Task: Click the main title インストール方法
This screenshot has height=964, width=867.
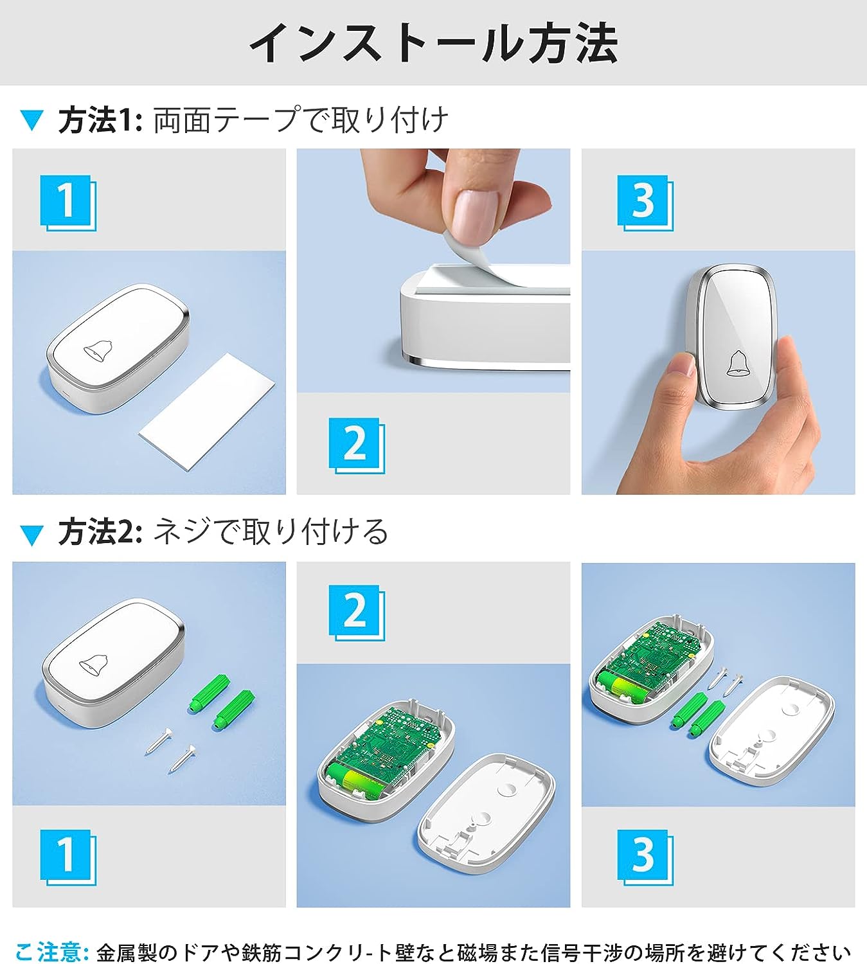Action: point(433,44)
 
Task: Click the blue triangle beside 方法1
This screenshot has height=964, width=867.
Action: point(32,120)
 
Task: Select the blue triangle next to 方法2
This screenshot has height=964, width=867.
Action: point(32,535)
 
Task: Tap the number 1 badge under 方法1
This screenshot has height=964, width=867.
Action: point(67,203)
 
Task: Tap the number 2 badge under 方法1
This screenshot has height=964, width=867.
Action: point(357,445)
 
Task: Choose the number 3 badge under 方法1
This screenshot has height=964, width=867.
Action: point(645,203)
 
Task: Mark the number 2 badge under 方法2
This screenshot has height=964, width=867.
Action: point(357,612)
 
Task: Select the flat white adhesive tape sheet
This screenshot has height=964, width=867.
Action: point(207,411)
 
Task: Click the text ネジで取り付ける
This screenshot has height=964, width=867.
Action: point(271,533)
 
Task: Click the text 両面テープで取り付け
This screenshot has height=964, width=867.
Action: point(301,120)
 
